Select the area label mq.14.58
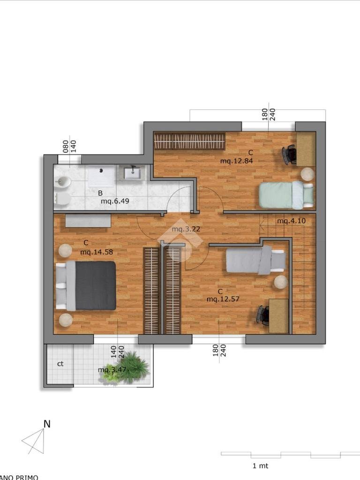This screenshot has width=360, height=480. (x=96, y=252)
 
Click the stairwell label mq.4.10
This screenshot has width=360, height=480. (x=291, y=221)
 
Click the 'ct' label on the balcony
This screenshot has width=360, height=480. (x=60, y=363)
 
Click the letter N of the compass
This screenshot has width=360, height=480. (x=47, y=424)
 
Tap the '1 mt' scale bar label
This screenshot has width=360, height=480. (x=260, y=466)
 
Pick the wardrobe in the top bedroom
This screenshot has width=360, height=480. (x=189, y=141)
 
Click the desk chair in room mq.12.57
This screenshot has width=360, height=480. (x=262, y=315)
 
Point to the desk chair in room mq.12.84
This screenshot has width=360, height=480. (x=289, y=155)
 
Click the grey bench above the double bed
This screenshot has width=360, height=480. (x=88, y=220)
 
